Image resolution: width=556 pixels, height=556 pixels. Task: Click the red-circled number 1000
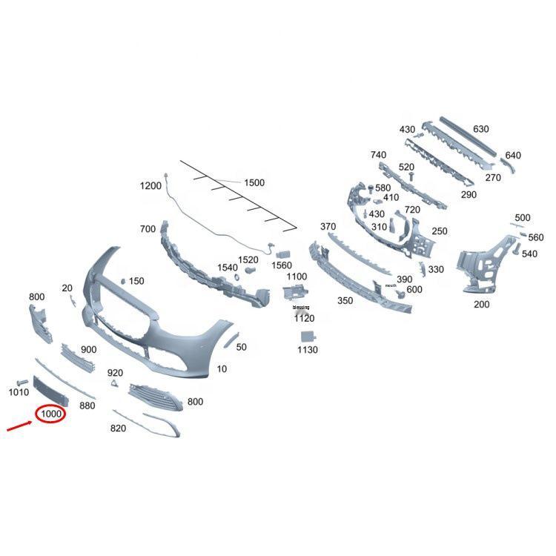50,414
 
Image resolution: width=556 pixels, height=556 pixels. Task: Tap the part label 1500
254,182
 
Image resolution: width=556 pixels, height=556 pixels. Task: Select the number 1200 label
150,186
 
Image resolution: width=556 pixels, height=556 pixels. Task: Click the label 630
481,129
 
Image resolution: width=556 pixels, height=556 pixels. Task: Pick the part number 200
481,304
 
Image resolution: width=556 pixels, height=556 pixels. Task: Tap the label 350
345,301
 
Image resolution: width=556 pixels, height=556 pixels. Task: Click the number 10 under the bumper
222,368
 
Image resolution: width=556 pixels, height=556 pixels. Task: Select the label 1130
307,350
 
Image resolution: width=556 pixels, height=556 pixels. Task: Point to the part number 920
115,373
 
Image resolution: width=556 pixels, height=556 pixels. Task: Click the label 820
118,428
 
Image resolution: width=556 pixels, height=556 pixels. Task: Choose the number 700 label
148,230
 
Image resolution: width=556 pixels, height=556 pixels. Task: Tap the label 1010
19,392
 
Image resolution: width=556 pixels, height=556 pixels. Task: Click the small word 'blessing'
301,307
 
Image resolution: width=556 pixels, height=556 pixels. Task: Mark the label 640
513,156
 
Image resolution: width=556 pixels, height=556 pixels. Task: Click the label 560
536,238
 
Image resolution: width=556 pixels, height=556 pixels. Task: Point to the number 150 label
136,282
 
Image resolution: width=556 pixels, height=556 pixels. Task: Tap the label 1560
282,265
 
